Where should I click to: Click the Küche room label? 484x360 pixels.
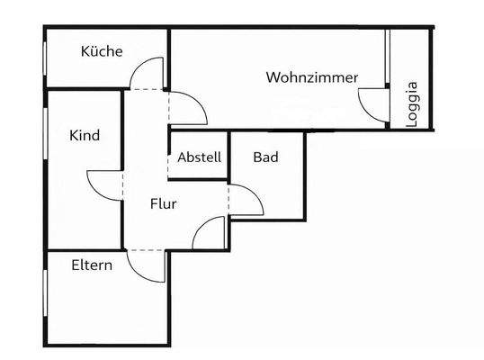pyautogui.click(x=102, y=52)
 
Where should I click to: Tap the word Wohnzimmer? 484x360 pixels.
pyautogui.click(x=311, y=77)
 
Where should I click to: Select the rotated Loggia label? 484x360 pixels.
pyautogui.click(x=411, y=104)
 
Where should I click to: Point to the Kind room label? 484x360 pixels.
pyautogui.click(x=85, y=136)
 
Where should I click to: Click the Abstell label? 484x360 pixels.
pyautogui.click(x=199, y=157)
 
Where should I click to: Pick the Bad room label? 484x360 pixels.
pyautogui.click(x=265, y=157)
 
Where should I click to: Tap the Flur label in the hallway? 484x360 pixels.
pyautogui.click(x=163, y=204)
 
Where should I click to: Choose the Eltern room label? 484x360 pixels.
pyautogui.click(x=92, y=265)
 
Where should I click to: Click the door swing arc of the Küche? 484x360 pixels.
pyautogui.click(x=148, y=73)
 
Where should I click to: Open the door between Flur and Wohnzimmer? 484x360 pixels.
pyautogui.click(x=190, y=107)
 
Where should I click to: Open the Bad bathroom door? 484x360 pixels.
pyautogui.click(x=246, y=200)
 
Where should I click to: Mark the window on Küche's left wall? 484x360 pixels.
pyautogui.click(x=45, y=61)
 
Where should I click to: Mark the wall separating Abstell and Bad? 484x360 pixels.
pyautogui.click(x=229, y=156)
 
